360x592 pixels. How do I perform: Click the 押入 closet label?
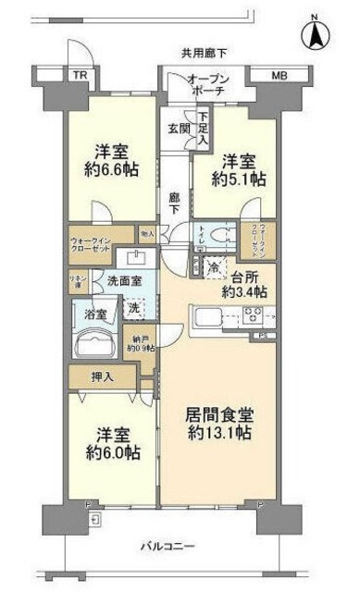click(102, 376)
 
